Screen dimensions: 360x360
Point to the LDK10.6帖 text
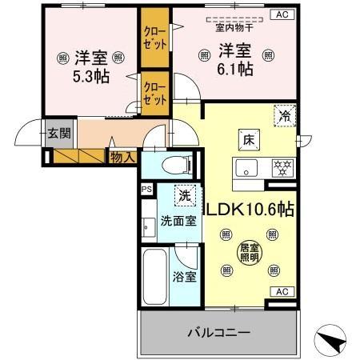251,210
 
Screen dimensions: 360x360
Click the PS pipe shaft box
146,190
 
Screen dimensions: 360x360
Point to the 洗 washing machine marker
185,195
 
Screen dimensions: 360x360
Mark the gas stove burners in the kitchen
282,168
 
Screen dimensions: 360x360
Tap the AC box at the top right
282,14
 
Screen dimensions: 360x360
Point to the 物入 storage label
122,158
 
